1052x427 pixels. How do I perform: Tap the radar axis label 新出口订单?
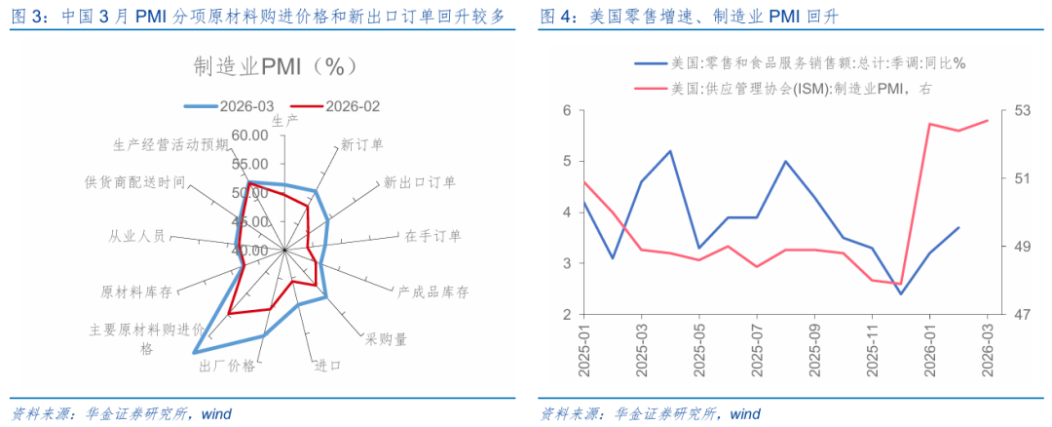pos(419,181)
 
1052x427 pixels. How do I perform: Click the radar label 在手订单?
pos(433,236)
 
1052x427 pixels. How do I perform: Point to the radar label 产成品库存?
pos(433,291)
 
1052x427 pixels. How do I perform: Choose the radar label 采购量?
pos(387,338)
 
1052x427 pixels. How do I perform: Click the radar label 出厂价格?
pos(227,366)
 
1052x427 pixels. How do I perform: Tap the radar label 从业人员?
pos(137,236)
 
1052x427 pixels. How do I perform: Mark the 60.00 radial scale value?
pos(250,135)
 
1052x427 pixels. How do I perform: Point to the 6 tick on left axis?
pos(567,110)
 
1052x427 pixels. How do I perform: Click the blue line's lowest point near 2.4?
pos(901,293)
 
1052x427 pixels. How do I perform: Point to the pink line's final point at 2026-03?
pos(988,121)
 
